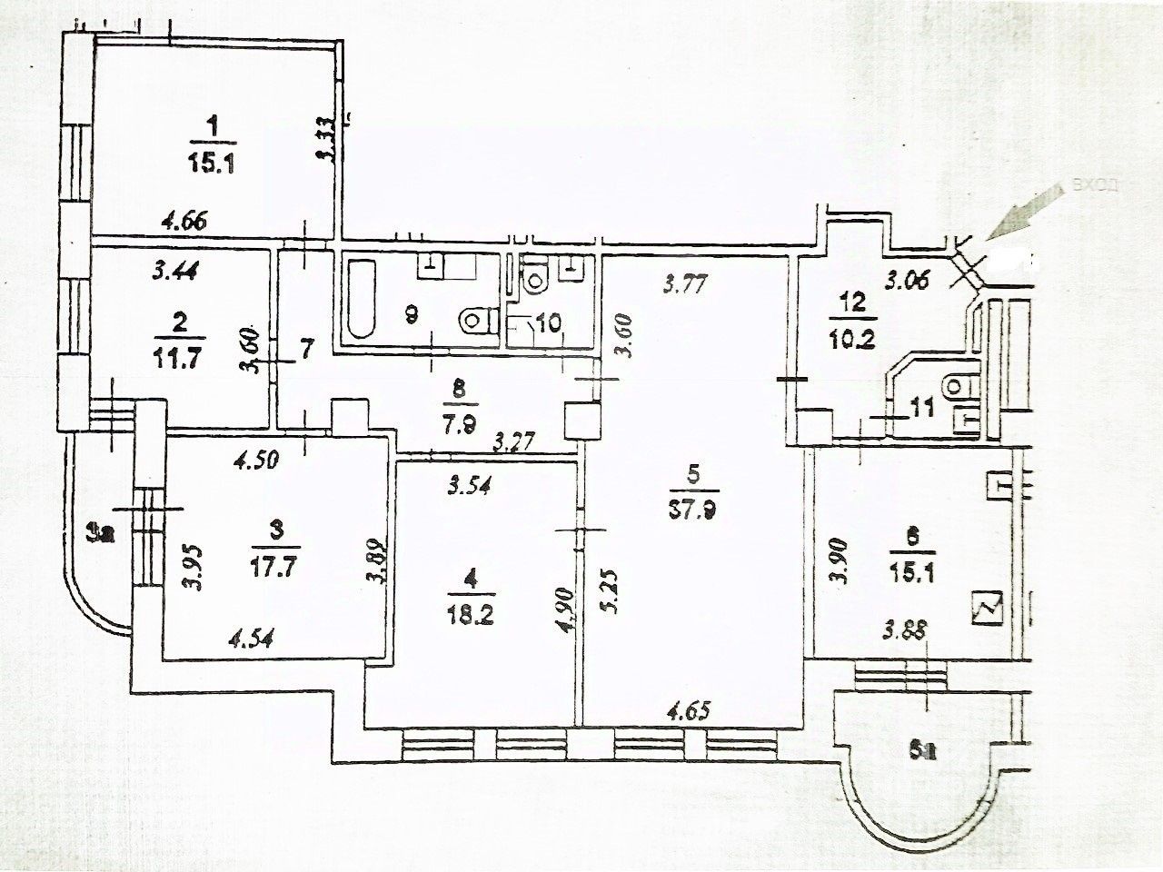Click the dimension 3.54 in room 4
point(470,486)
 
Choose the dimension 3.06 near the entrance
point(908,281)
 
